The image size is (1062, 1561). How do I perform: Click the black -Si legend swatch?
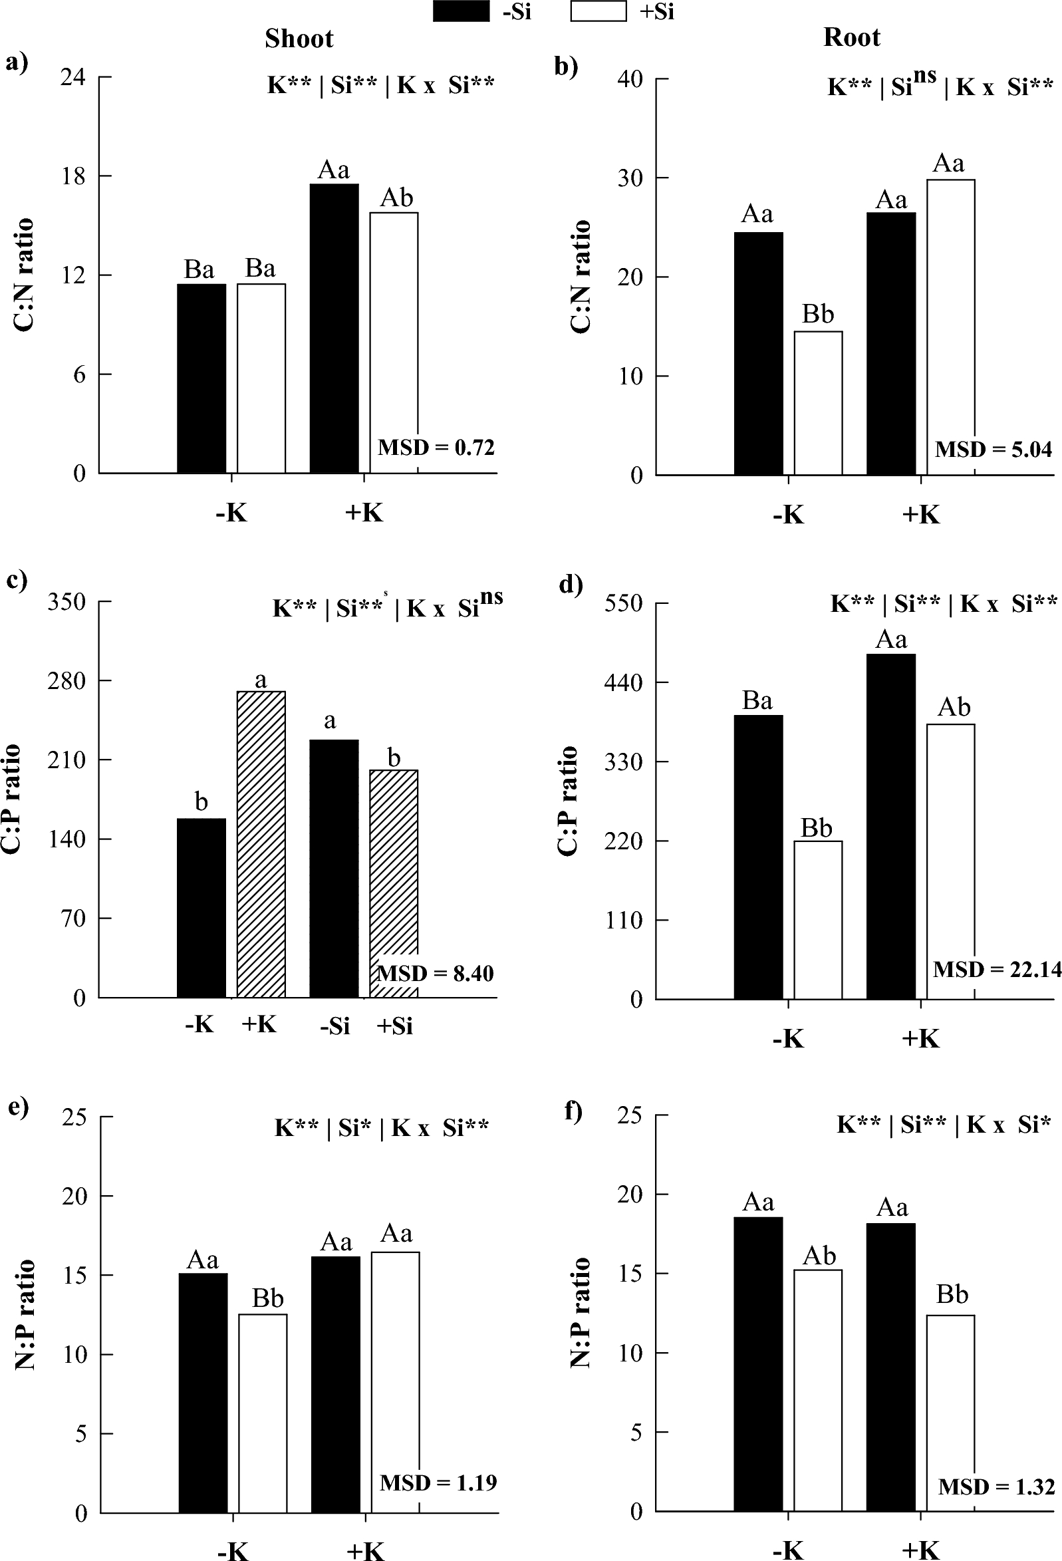click(461, 11)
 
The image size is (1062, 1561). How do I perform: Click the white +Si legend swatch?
click(598, 11)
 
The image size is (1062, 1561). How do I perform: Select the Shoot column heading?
click(299, 39)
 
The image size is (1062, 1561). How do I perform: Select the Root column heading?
click(851, 37)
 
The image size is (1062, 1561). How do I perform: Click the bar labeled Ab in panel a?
click(394, 343)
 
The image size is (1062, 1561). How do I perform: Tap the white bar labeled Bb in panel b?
click(817, 403)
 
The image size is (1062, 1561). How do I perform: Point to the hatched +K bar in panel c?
click(261, 843)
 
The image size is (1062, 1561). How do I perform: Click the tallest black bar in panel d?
click(890, 826)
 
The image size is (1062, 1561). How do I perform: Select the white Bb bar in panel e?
click(263, 1413)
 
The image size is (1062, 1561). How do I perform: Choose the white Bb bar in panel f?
click(950, 1413)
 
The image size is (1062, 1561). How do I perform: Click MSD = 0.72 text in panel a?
click(436, 448)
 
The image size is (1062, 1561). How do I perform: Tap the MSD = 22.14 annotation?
click(997, 969)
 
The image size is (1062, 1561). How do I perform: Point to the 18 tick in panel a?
click(73, 177)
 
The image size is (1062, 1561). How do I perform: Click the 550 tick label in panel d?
click(623, 603)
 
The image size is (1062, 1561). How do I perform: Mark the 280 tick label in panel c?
click(66, 680)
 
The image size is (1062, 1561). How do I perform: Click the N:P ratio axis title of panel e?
click(25, 1314)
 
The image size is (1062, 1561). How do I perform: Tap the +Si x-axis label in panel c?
click(394, 1026)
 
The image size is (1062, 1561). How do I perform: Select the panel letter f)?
click(573, 1111)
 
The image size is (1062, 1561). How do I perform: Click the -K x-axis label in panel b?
click(788, 515)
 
